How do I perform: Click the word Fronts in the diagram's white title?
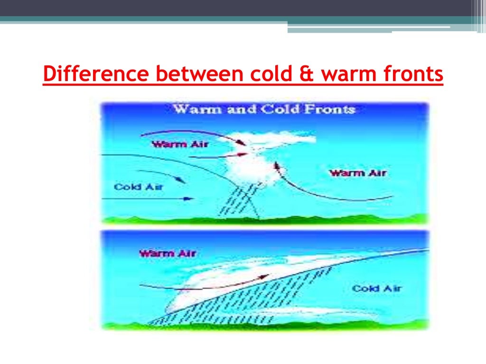click(331, 109)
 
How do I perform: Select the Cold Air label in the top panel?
click(138, 187)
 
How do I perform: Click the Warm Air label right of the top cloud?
click(358, 173)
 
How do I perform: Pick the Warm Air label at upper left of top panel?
click(173, 144)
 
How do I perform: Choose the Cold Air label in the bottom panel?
click(376, 288)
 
